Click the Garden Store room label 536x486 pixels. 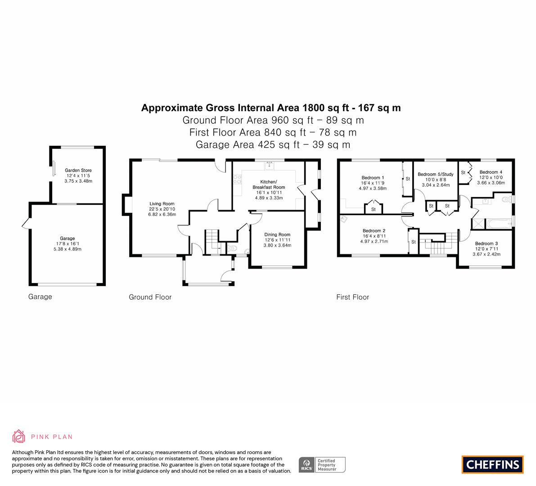tap(78, 171)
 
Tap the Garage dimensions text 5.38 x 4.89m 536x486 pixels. tap(68, 249)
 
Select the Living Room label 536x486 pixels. tap(162, 204)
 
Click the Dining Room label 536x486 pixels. tap(277, 234)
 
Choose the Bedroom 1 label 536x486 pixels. tap(373, 177)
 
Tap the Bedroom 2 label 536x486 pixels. tap(374, 231)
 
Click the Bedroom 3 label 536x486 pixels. tap(486, 243)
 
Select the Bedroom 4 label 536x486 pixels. tap(491, 172)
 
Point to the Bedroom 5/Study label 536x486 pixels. tap(435, 174)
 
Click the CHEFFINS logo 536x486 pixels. tap(492, 464)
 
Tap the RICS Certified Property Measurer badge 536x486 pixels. tap(322, 465)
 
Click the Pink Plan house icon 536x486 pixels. tap(19, 436)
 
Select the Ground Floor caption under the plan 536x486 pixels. tap(150, 297)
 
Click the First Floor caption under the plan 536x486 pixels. tap(352, 297)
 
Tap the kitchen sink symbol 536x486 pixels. tap(269, 166)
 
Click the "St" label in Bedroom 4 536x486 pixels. tap(463, 172)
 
